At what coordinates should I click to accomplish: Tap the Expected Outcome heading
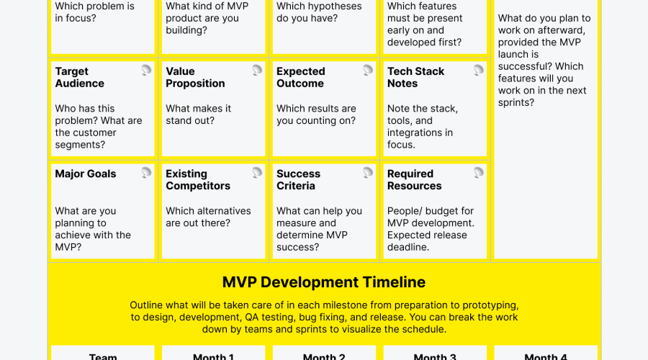click(301, 77)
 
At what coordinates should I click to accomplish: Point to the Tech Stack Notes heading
click(415, 77)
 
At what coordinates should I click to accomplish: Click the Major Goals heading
click(86, 174)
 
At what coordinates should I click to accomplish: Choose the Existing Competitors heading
click(198, 179)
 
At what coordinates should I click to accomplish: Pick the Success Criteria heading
click(299, 179)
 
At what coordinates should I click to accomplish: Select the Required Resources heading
click(414, 179)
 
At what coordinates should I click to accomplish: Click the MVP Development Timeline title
click(324, 282)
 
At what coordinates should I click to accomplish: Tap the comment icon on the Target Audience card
click(146, 70)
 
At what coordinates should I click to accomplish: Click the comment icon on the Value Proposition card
click(257, 70)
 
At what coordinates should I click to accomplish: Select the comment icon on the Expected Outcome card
click(368, 70)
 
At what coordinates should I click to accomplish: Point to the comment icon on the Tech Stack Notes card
click(479, 70)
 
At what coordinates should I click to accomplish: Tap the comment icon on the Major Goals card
click(146, 172)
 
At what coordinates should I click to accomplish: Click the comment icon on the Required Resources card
click(479, 172)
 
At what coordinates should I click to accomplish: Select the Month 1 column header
click(213, 356)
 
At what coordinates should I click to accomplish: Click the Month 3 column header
click(435, 356)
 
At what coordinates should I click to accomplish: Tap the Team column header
click(103, 356)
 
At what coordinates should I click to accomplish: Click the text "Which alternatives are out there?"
click(208, 217)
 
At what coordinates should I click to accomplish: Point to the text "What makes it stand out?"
click(198, 114)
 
